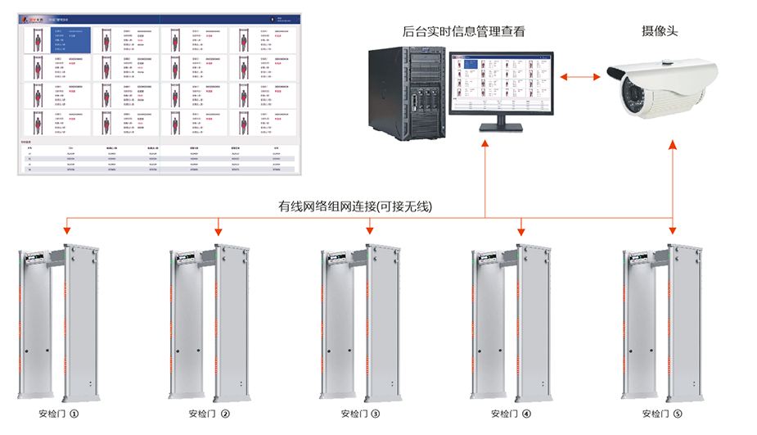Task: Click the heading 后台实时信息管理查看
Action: [x=463, y=32]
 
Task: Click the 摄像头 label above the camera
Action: [x=660, y=31]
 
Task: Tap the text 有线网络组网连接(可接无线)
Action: [x=355, y=206]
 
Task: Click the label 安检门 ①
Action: [x=58, y=414]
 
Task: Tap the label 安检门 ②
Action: [x=209, y=414]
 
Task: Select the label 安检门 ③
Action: [x=359, y=414]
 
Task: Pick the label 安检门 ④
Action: [x=511, y=414]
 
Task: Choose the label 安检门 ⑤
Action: [x=661, y=414]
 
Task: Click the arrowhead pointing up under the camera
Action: [x=673, y=144]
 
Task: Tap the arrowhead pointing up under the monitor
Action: [x=484, y=144]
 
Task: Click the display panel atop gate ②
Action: [x=187, y=261]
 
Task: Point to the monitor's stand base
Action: [x=500, y=128]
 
